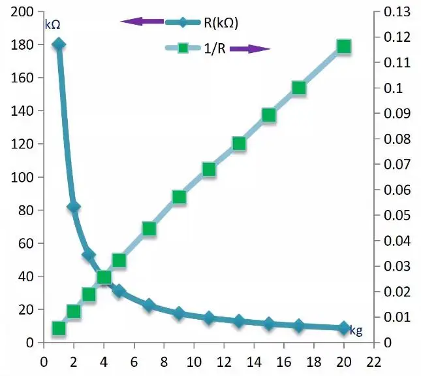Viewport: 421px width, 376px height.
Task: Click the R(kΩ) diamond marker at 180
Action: [59, 44]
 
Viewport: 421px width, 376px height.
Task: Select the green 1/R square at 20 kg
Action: [344, 46]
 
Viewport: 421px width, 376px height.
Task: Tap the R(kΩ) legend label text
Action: [221, 22]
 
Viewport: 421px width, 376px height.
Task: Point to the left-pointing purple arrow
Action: [142, 22]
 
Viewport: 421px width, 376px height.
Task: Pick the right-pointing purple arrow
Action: [249, 48]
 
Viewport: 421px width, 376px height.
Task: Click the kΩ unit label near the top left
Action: [53, 25]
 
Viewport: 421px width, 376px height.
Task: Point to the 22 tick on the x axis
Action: [373, 359]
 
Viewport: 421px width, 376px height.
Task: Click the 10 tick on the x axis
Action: [194, 359]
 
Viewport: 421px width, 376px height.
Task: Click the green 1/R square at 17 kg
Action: [299, 88]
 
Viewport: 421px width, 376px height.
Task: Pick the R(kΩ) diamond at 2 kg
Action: [74, 207]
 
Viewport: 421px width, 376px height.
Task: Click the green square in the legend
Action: [183, 48]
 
